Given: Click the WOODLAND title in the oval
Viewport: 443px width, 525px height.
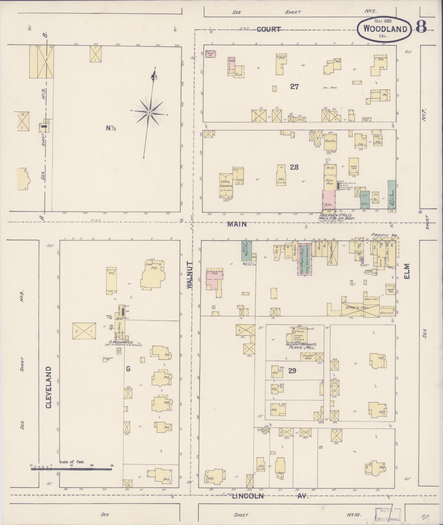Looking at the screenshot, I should [385, 29].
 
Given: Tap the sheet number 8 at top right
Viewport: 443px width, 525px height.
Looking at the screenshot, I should [421, 27].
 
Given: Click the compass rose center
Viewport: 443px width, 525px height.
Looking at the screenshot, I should [149, 113].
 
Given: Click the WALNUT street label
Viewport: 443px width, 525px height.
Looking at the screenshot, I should [190, 275].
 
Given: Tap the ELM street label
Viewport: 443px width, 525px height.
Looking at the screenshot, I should [407, 271].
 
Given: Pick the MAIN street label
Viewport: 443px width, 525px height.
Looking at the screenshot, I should [237, 224].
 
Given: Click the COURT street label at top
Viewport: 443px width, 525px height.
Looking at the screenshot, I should [269, 29].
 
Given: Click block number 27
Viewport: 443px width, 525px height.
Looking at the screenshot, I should [294, 87].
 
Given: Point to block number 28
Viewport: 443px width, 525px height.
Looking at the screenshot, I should [294, 167].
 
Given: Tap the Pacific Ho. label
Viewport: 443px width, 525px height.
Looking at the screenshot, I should [385, 235].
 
